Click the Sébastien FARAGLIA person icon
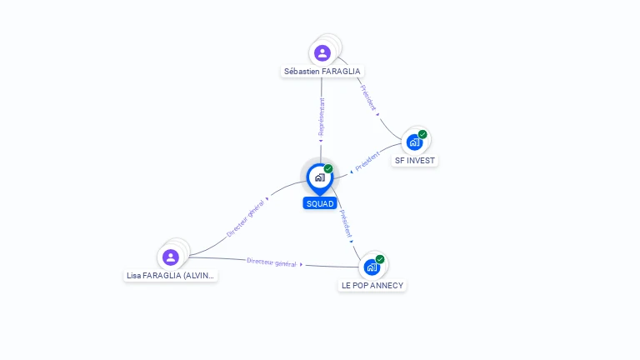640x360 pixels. tap(322, 53)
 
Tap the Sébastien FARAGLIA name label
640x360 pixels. tap(322, 72)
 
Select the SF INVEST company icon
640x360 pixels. tap(414, 142)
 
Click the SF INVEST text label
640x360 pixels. tap(415, 160)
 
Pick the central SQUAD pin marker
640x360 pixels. tap(320, 177)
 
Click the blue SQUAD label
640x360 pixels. tap(320, 203)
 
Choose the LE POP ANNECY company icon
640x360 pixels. tap(372, 267)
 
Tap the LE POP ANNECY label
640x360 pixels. tap(372, 285)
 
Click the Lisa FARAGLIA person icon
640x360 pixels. tap(171, 257)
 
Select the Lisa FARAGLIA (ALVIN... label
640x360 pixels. tap(170, 275)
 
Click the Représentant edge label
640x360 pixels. tap(322, 117)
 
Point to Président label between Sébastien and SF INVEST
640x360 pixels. tap(368, 98)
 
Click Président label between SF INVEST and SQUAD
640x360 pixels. tap(367, 162)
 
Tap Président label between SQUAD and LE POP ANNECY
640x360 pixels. tap(346, 222)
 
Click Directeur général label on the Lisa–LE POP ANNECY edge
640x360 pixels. tap(272, 262)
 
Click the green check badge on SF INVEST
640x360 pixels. tap(422, 134)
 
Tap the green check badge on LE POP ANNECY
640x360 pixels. tap(380, 259)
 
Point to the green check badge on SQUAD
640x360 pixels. tap(328, 169)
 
